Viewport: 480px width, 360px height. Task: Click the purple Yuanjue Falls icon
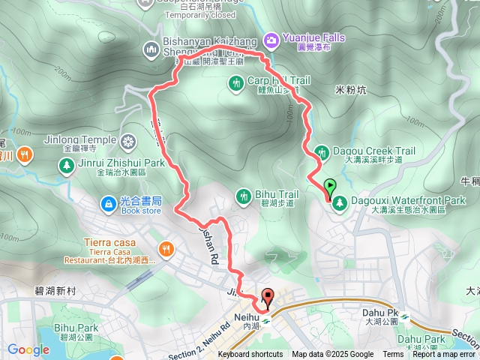click(271, 37)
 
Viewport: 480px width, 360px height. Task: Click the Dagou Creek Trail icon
click(322, 151)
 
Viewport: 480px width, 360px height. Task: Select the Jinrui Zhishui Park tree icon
click(66, 165)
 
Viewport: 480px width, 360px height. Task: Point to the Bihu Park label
click(76, 328)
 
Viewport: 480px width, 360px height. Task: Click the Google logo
click(28, 349)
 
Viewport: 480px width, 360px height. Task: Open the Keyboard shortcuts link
click(250, 355)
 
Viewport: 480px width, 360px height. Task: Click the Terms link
click(393, 355)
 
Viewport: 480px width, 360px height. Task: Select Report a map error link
click(444, 355)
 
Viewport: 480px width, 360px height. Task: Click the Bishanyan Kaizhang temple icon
click(151, 49)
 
